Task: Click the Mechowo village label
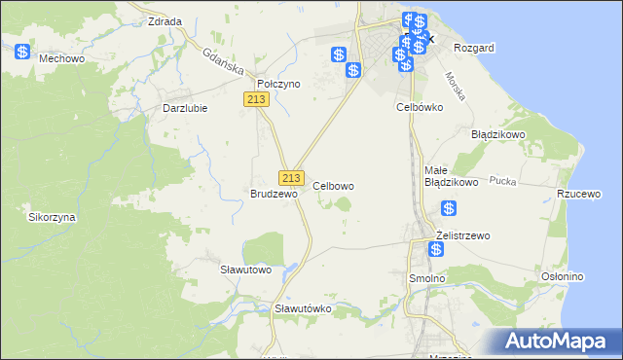58,58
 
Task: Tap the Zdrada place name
164,20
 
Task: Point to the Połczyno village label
278,85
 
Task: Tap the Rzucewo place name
577,194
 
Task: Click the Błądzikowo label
498,134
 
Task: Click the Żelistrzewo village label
463,235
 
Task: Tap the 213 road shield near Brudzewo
291,177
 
